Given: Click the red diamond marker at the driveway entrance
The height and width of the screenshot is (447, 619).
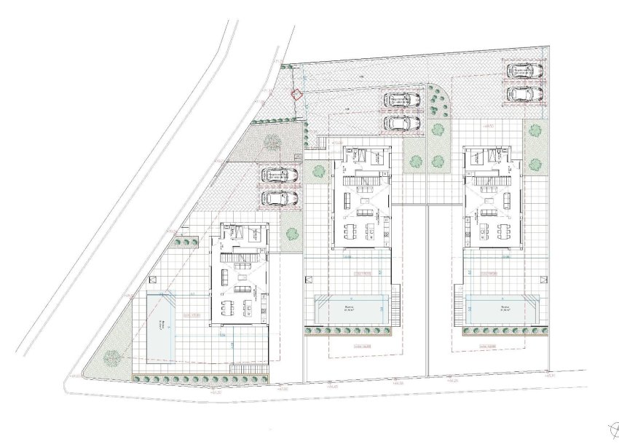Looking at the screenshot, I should (x=296, y=93).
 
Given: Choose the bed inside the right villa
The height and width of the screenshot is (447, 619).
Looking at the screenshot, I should (x=497, y=154).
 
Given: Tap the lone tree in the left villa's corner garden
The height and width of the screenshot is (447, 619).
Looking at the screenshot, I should (x=112, y=357).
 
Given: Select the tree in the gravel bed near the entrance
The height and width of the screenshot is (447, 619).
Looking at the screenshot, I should (x=272, y=141).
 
